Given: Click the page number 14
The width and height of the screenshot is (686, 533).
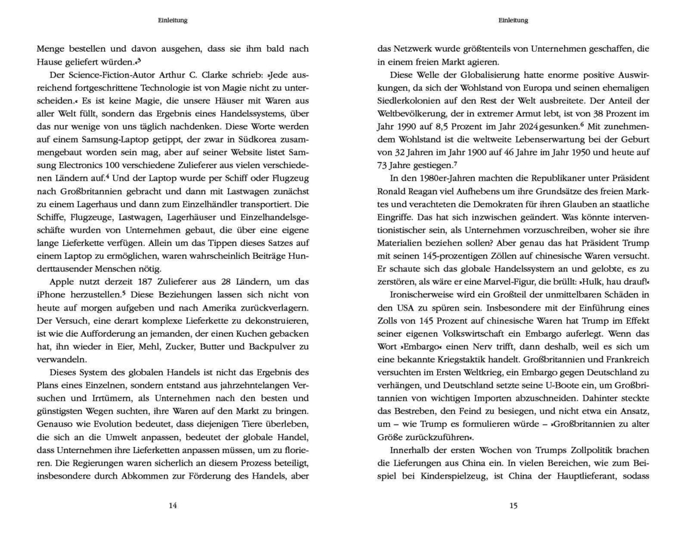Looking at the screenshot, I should click(x=173, y=506).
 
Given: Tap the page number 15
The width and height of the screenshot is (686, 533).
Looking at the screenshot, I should click(x=513, y=506).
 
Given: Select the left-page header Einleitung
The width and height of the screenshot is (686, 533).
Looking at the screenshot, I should click(x=173, y=20).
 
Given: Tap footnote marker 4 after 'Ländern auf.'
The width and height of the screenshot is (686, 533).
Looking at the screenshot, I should click(x=106, y=177).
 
